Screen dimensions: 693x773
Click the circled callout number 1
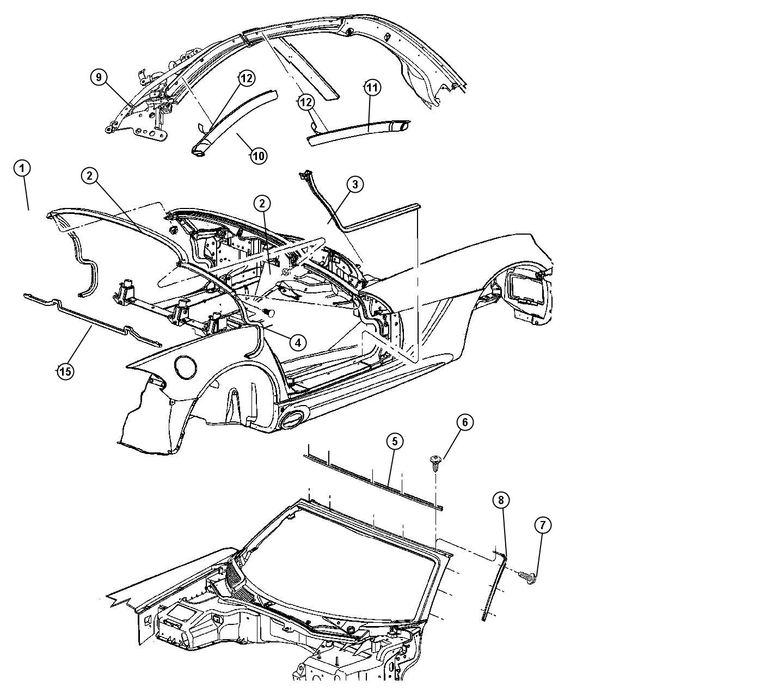(22, 168)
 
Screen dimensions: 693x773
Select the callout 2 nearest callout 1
(90, 176)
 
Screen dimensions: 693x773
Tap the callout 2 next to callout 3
(262, 204)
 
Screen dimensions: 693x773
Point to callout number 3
(355, 185)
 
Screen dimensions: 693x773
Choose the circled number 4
(297, 342)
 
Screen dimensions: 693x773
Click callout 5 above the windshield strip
(395, 441)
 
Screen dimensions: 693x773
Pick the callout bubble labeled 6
(465, 422)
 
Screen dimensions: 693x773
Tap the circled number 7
(543, 525)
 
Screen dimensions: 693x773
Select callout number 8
(501, 500)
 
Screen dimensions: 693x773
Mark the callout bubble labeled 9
(99, 77)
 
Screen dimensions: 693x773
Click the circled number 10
(259, 156)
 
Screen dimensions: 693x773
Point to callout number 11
(372, 87)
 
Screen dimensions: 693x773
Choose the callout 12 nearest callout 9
(246, 78)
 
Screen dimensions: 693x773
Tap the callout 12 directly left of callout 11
(306, 102)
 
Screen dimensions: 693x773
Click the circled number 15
(65, 371)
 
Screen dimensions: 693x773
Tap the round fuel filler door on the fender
(185, 367)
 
